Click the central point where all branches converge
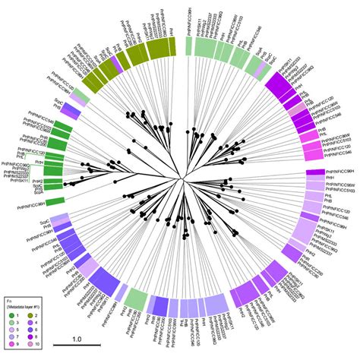point(180,179)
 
